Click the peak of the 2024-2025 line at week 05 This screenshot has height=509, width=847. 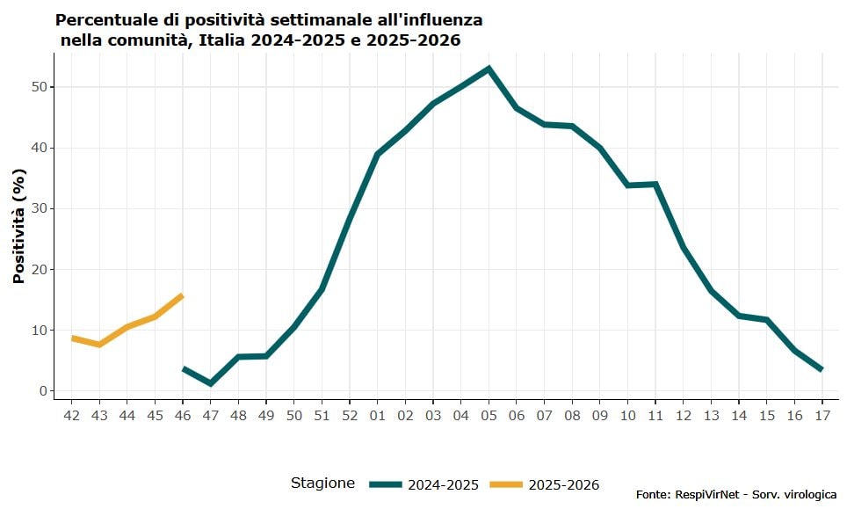pyautogui.click(x=489, y=69)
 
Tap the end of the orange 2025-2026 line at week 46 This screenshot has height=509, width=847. pyautogui.click(x=182, y=295)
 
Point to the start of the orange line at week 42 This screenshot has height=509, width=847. pyautogui.click(x=72, y=338)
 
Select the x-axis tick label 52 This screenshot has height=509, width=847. pyautogui.click(x=349, y=415)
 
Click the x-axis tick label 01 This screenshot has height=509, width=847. pyautogui.click(x=377, y=415)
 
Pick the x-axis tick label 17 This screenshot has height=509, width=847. pyautogui.click(x=822, y=415)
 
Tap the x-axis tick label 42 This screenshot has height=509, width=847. pyautogui.click(x=72, y=415)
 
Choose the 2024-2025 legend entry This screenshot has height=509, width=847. pyautogui.click(x=424, y=484)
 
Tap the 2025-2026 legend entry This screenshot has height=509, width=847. pyautogui.click(x=545, y=484)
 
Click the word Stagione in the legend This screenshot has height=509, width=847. pyautogui.click(x=322, y=483)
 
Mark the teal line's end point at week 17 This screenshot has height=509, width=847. pyautogui.click(x=822, y=370)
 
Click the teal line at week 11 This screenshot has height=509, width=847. pyautogui.click(x=655, y=184)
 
